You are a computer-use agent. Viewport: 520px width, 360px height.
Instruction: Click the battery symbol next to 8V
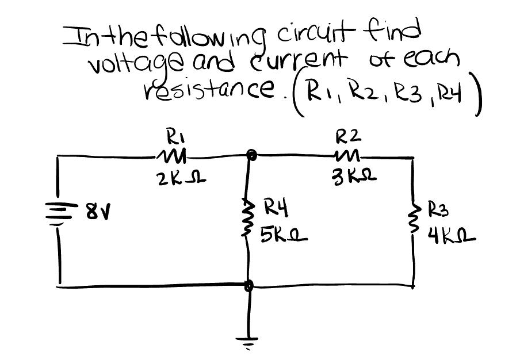(59, 217)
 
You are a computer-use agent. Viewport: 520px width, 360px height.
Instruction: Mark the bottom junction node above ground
(249, 285)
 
